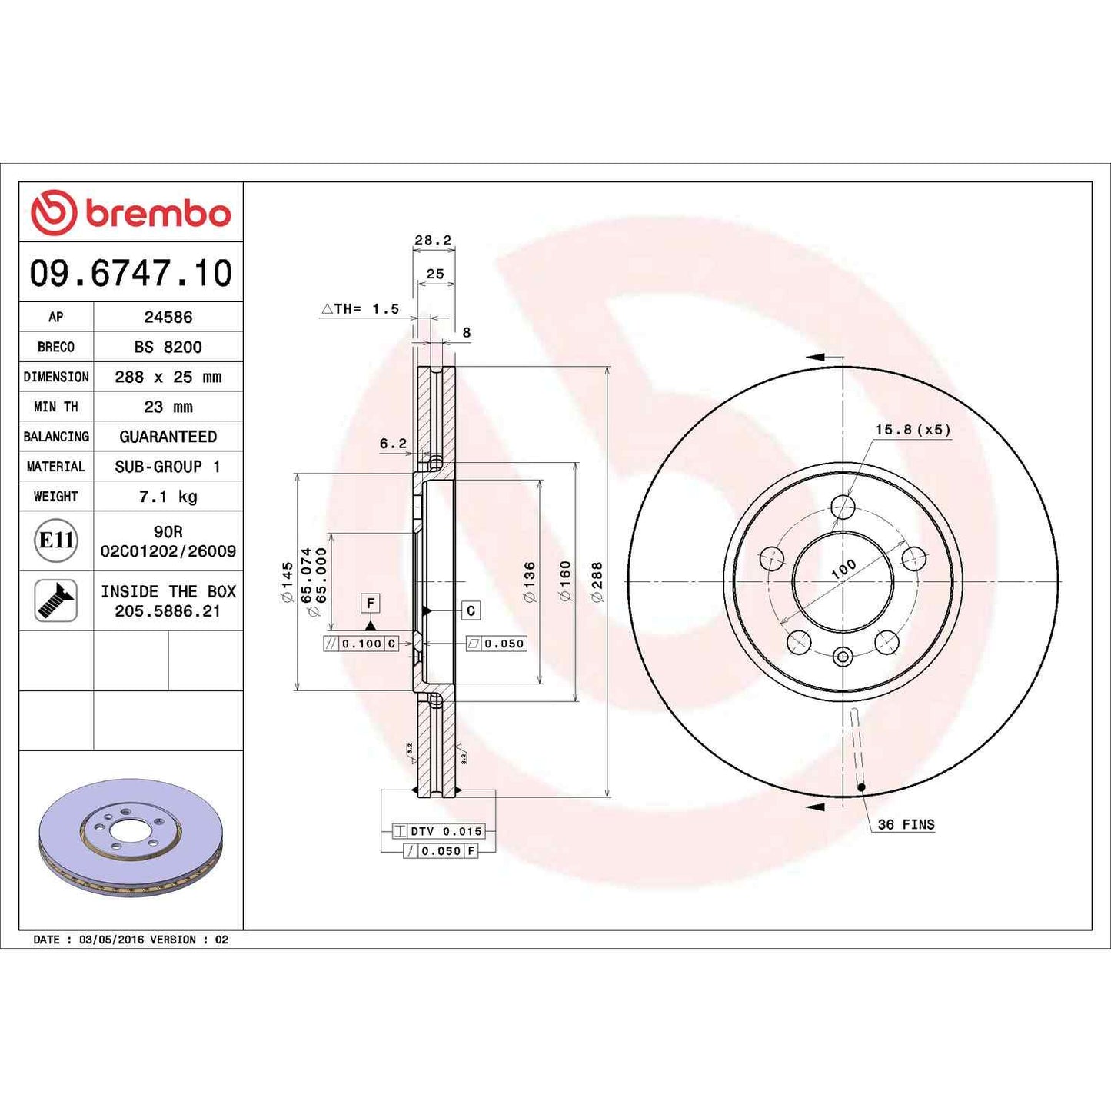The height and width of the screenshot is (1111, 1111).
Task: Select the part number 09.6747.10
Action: point(131,273)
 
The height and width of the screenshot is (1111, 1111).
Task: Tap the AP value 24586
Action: point(168,317)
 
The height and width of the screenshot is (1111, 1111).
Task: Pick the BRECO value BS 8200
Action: point(168,347)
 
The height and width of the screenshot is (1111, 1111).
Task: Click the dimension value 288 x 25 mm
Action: point(168,377)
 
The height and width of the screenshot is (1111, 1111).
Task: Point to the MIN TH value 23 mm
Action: point(168,407)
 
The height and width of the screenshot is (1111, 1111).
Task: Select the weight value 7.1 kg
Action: point(168,497)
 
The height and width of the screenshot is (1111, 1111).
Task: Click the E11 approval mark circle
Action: point(56,541)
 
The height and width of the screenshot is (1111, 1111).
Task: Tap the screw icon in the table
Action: point(56,600)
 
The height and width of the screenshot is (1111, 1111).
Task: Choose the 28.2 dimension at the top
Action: point(433,240)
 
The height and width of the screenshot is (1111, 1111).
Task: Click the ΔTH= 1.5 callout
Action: point(361,309)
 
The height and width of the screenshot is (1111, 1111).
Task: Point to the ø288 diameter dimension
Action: point(597,582)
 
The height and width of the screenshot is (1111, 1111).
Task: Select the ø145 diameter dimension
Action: point(287,582)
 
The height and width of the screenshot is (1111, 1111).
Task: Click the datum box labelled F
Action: point(371,604)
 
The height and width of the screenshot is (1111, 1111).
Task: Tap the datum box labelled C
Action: point(471,610)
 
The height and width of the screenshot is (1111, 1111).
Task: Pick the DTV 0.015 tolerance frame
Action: point(438,831)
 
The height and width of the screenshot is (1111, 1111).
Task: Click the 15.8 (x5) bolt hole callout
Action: point(912,430)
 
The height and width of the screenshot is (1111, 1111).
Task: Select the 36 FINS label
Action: point(906,824)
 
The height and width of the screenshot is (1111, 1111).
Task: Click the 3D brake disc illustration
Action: point(130,838)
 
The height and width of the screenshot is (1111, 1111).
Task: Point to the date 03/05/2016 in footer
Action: point(111,940)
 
